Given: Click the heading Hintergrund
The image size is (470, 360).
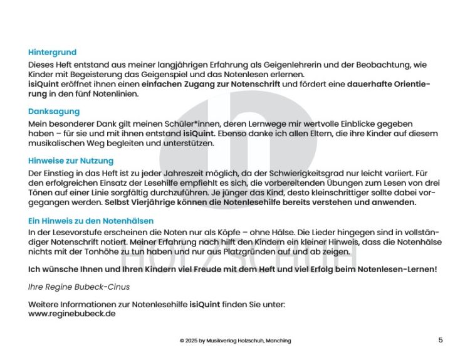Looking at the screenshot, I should click(52, 53).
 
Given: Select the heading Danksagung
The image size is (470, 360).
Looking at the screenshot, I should click(54, 112).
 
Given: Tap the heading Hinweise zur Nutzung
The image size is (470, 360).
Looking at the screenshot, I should click(71, 161).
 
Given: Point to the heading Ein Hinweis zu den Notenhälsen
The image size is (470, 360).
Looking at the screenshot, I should click(91, 221).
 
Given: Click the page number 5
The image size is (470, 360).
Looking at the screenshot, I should click(441, 340).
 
